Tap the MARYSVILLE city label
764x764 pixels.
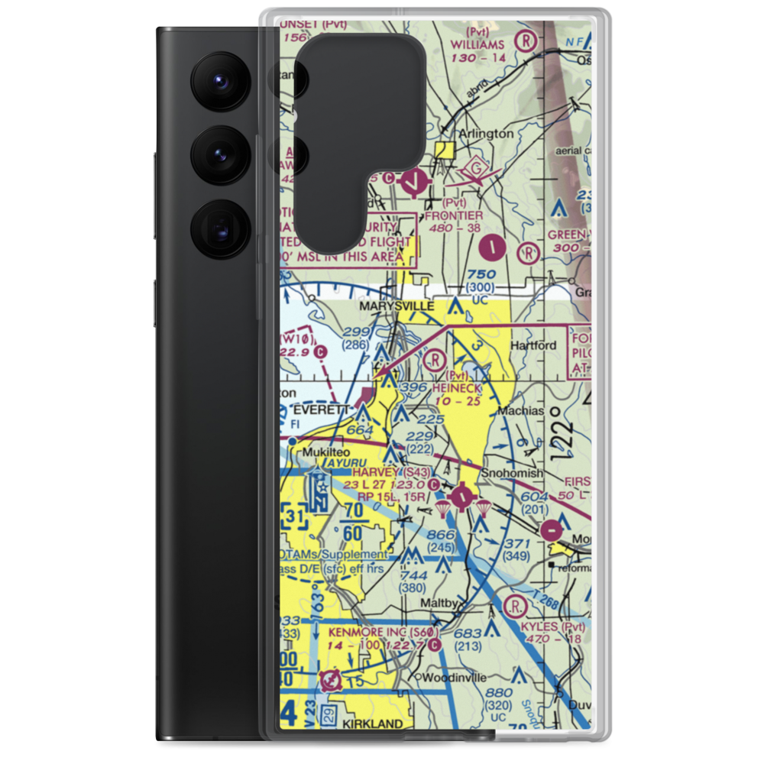[397, 306]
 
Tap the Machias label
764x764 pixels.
[520, 410]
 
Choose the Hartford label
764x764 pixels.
[533, 345]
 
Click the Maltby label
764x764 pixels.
[440, 604]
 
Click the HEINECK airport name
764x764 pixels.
[456, 388]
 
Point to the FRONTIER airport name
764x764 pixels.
[454, 216]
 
